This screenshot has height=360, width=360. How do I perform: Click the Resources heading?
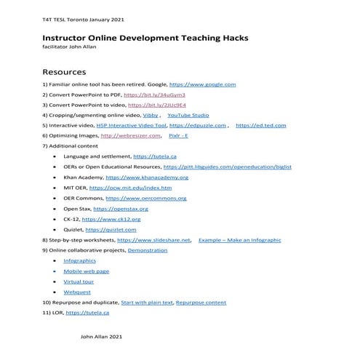(x=64, y=72)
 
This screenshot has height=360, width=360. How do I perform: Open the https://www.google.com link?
(x=202, y=84)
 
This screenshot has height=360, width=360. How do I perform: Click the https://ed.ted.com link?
(x=261, y=125)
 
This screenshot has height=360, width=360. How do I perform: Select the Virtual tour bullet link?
(x=79, y=281)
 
